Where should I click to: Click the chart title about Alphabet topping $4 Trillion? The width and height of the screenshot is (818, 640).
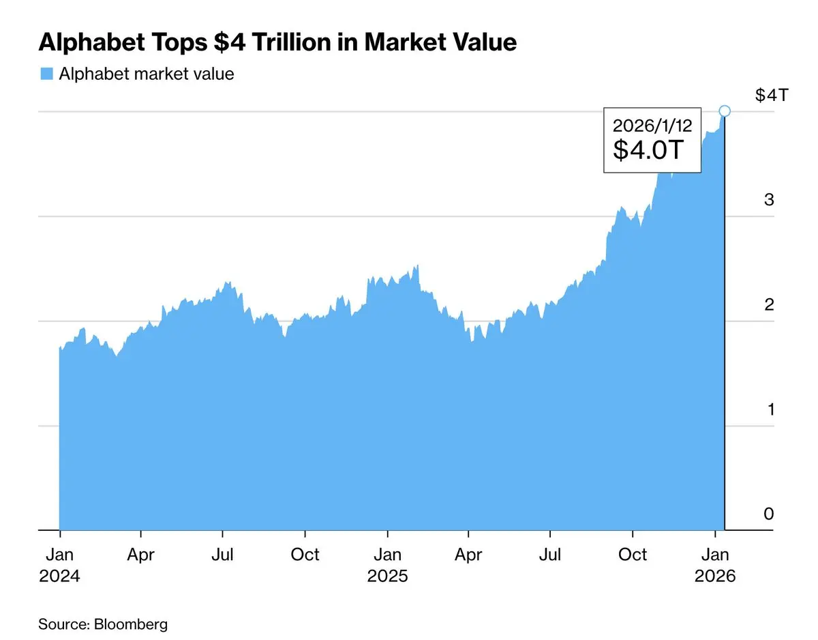277,42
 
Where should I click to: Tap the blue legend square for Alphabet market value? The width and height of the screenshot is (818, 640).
46,74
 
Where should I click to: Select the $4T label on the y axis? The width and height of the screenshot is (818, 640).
772,95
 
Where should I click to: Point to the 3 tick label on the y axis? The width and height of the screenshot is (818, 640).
769,200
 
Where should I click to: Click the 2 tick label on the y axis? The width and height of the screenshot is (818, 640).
769,304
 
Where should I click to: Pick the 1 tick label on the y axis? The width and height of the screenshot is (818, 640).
769,409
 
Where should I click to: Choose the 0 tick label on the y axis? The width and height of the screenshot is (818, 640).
769,514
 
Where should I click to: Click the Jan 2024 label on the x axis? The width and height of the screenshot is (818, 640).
60,565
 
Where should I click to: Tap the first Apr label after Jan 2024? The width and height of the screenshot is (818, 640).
141,555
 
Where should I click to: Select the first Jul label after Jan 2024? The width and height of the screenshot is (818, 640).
223,555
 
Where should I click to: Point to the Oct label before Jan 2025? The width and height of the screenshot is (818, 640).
305,555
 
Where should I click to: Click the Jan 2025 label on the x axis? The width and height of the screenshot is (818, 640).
388,565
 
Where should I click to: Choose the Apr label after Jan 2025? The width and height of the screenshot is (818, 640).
468,555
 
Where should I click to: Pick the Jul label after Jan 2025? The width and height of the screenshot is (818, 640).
550,555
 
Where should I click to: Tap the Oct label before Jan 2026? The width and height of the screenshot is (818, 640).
633,555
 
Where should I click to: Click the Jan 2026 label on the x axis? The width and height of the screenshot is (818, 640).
715,565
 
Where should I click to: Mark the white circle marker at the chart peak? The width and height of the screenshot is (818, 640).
725,111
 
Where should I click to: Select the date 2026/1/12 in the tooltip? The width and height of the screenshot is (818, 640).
652,126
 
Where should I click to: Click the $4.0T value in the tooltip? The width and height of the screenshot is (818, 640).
648,150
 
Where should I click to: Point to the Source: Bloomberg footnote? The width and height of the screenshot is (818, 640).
103,624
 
